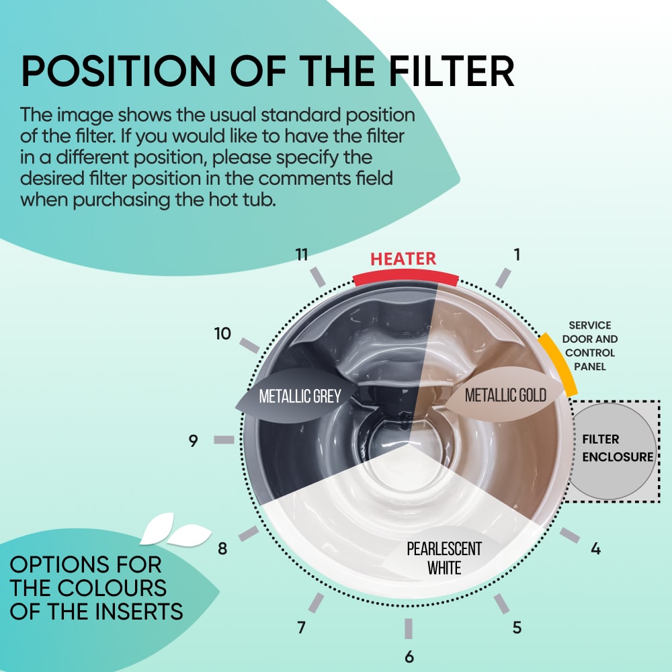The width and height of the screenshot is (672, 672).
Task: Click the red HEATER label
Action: [403, 259]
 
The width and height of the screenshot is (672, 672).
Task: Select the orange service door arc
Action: [558, 364]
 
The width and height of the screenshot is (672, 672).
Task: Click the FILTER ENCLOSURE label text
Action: [618, 448]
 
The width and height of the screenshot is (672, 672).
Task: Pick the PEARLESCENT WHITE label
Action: [444, 558]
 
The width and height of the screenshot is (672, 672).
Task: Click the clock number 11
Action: [302, 255]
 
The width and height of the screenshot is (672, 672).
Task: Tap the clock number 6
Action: [409, 657]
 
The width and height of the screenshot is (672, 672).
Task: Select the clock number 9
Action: [194, 441]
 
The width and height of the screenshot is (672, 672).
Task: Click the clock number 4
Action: [595, 548]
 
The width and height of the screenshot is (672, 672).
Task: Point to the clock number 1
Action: [517, 255]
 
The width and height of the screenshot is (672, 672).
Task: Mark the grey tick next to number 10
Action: [249, 345]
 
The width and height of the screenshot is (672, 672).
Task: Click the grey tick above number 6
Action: [409, 629]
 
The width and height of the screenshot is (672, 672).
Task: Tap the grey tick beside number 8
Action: [249, 534]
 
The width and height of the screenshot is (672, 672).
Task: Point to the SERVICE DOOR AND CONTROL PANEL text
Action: [590, 346]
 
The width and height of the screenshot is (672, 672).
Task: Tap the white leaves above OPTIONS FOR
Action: [175, 530]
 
